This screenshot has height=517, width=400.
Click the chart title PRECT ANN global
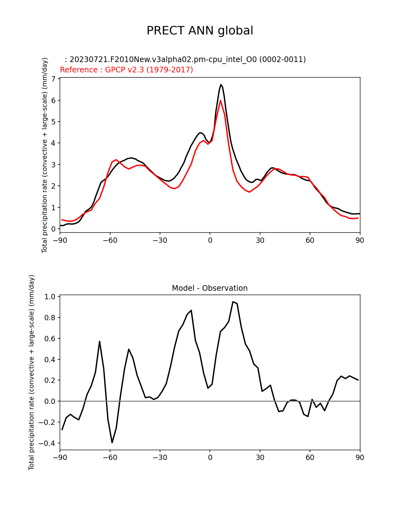[200, 31]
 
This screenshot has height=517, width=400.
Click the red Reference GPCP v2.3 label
[126, 70]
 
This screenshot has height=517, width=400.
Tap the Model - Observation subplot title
[210, 288]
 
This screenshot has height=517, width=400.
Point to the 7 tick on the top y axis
[53, 79]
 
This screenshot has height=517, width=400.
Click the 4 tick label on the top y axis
[53, 143]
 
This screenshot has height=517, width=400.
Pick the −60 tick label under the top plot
[110, 240]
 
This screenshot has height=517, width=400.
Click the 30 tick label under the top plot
[260, 240]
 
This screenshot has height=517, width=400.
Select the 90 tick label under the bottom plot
[360, 457]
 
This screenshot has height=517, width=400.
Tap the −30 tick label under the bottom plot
[160, 457]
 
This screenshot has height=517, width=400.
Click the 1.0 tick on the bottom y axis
[50, 297]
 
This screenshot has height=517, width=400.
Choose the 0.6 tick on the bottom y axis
[50, 338]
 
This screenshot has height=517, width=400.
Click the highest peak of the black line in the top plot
[221, 85]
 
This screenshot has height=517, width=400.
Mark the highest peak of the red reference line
[221, 100]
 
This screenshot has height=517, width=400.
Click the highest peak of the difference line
[233, 302]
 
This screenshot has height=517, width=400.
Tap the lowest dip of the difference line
[112, 442]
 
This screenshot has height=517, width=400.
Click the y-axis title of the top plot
[45, 155]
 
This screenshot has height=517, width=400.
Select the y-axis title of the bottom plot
[31, 372]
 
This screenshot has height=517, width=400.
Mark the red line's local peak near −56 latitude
[116, 159]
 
